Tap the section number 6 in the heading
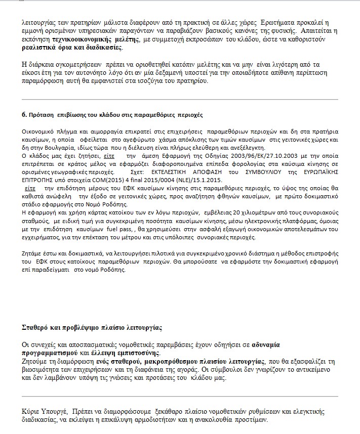pos(24,115)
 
